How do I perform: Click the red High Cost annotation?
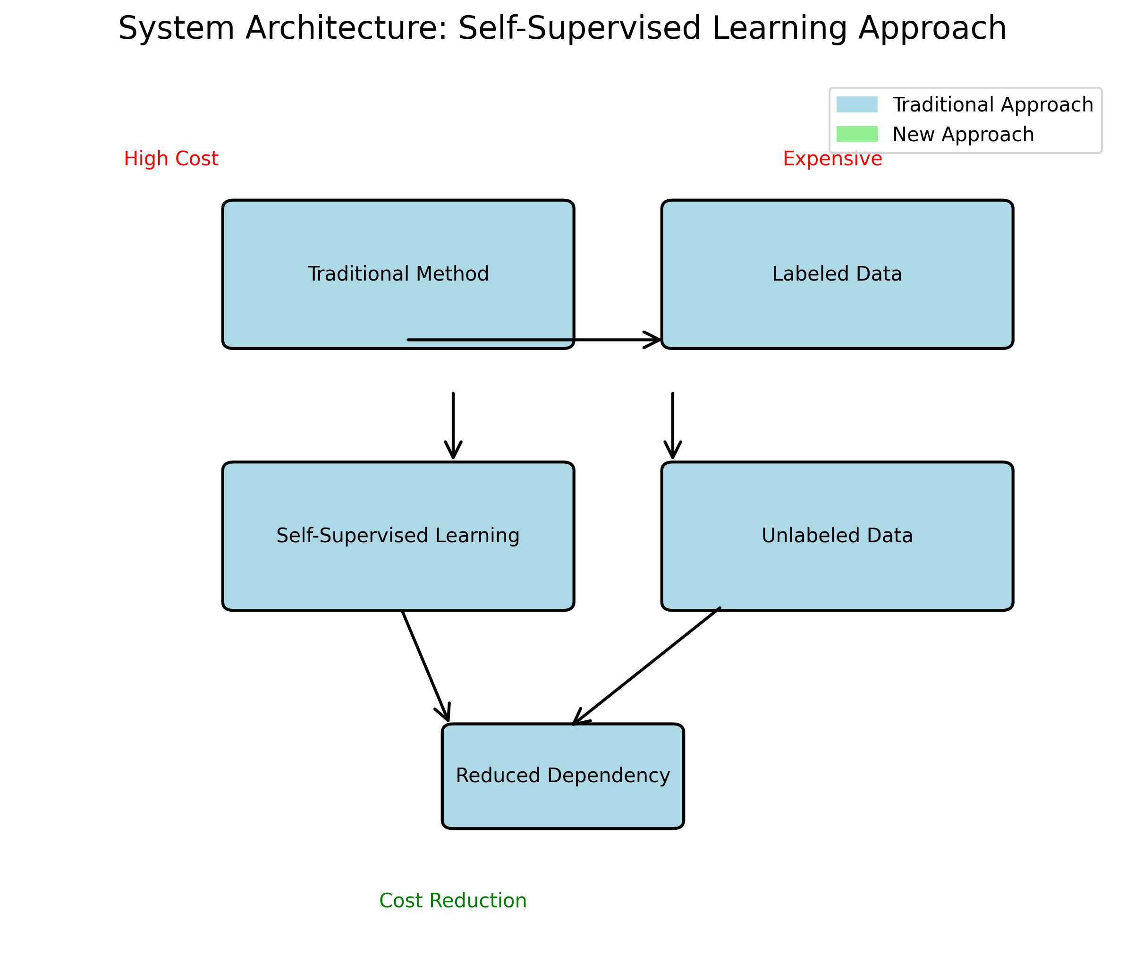[171, 159]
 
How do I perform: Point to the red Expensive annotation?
[832, 159]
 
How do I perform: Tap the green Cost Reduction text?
[453, 900]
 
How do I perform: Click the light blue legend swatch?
[856, 104]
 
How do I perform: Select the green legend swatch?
[856, 134]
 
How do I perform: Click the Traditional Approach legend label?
[992, 104]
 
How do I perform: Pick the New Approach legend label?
[963, 134]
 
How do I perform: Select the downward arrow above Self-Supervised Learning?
[453, 425]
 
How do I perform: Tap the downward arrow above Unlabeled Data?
[672, 425]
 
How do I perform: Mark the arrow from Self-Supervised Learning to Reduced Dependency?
[425, 666]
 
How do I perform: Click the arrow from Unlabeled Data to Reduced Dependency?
[647, 666]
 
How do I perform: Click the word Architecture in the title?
[346, 28]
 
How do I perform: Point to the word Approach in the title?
[932, 28]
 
